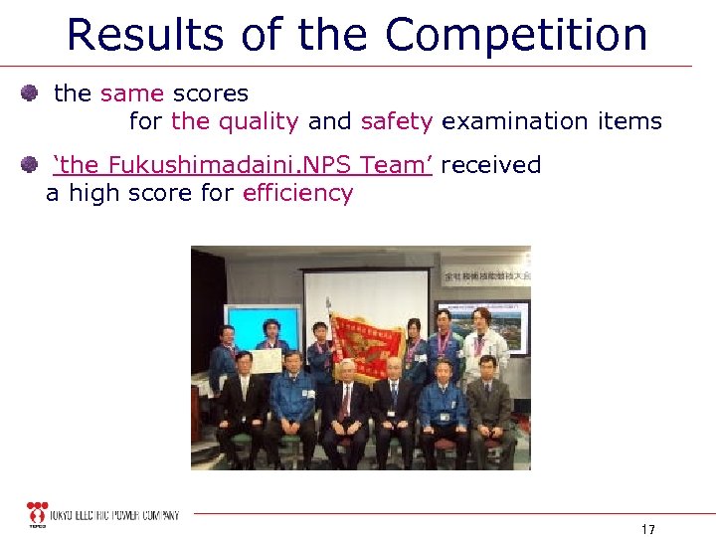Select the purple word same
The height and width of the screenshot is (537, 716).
coord(132,93)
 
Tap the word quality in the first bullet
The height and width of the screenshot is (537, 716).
coord(259,122)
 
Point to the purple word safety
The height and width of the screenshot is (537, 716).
coord(397,122)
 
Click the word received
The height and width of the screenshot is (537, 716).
coord(490,165)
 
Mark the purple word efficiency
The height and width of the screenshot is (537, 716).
coord(297,193)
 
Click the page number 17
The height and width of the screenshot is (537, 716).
coord(648,528)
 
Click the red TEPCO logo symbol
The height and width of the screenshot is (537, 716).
coord(38,514)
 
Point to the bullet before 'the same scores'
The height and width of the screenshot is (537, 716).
coord(30,93)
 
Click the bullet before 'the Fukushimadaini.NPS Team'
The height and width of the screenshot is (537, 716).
coord(30,165)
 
